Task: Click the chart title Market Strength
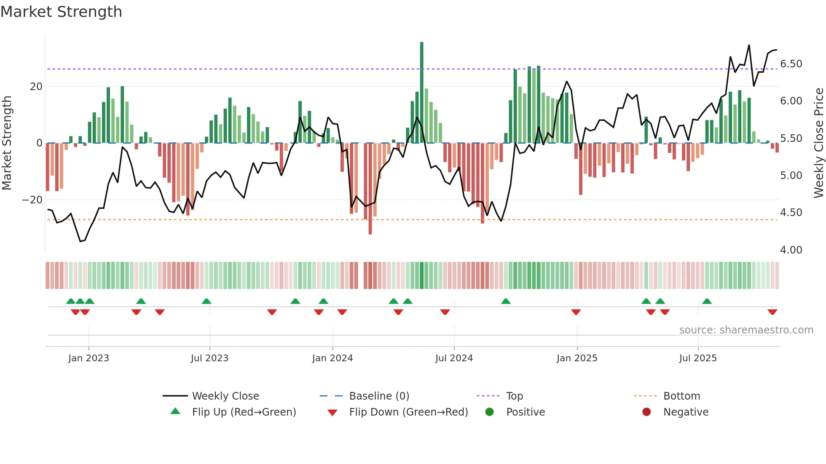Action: point(61,12)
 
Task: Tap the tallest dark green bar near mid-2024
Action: point(421,93)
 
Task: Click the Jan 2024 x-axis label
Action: point(332,358)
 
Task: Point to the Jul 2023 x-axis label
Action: point(209,358)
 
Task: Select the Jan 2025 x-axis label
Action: point(577,358)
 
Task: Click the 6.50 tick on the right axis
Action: point(791,64)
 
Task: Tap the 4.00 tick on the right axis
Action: point(791,250)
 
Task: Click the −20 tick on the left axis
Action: point(32,200)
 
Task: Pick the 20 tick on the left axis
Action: point(36,87)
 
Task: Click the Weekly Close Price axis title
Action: point(818,143)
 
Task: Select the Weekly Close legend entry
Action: point(225,396)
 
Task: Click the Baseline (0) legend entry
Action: point(379,396)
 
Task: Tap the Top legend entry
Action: point(514,396)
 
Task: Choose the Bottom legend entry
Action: point(681,396)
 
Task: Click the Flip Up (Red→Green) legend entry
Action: point(244,412)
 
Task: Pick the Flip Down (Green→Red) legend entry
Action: point(408,412)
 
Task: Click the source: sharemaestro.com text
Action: point(746,330)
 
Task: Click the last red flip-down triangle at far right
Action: point(772,312)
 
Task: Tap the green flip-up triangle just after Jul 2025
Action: point(707,301)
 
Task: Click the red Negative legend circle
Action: point(646,412)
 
